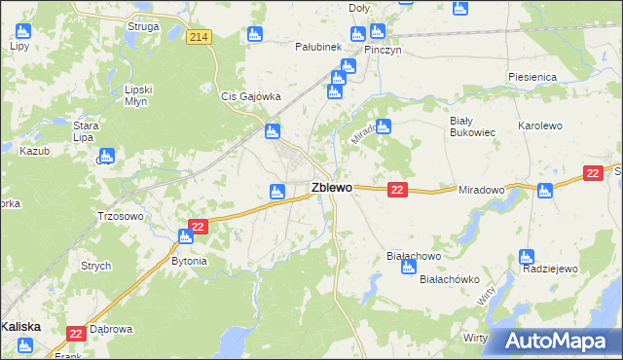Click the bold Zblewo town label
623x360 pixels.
331,188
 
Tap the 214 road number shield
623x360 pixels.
199,37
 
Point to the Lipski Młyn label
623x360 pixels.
140,95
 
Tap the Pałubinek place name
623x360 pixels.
318,46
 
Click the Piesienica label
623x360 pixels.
531,76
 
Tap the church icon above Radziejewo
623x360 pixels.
527,257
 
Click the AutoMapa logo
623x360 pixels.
556,341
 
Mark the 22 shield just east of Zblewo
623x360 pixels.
396,190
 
